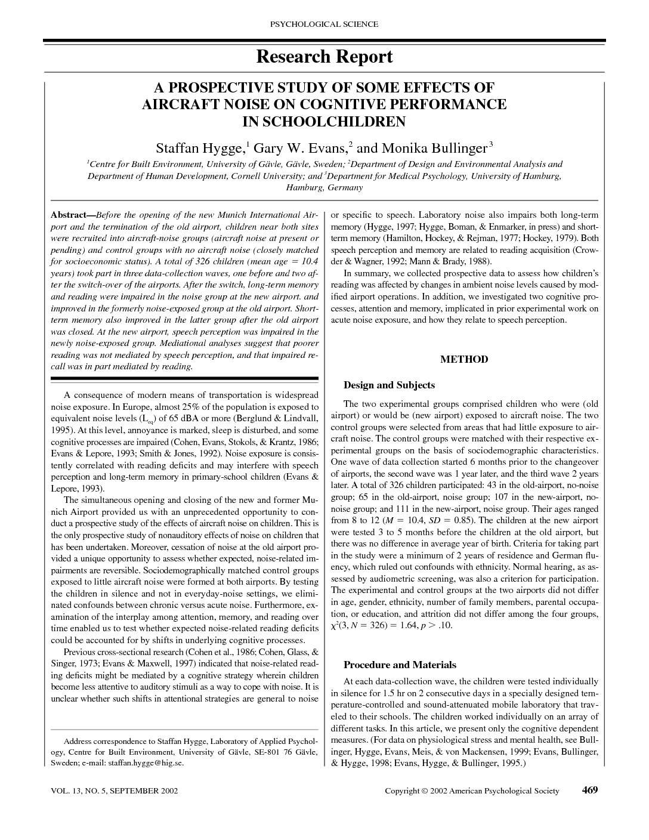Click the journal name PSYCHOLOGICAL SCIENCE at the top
pyautogui.click(x=324, y=24)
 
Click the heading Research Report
pyautogui.click(x=324, y=57)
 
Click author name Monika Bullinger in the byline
pyautogui.click(x=434, y=148)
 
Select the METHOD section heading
pyautogui.click(x=464, y=359)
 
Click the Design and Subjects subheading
pyautogui.click(x=389, y=385)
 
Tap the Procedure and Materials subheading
pyautogui.click(x=400, y=665)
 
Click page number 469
pyautogui.click(x=589, y=790)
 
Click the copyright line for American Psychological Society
pyautogui.click(x=472, y=791)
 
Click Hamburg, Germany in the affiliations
pyautogui.click(x=324, y=187)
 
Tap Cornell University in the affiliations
pyautogui.click(x=271, y=176)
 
